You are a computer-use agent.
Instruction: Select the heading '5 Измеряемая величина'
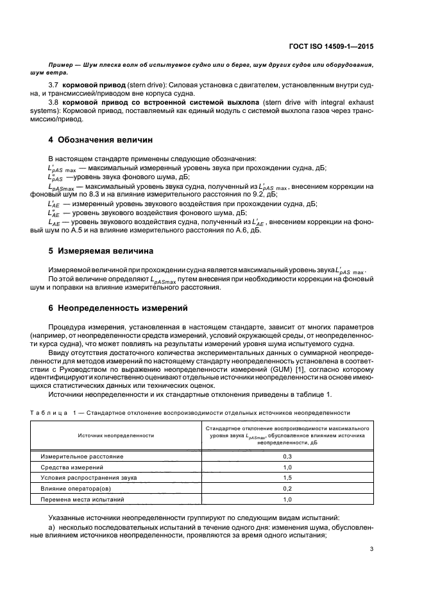pos(98,250)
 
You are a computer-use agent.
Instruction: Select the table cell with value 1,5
pos(287,477)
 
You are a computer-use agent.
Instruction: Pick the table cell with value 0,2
pos(287,488)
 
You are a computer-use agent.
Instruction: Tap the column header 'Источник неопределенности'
pos(116,435)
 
